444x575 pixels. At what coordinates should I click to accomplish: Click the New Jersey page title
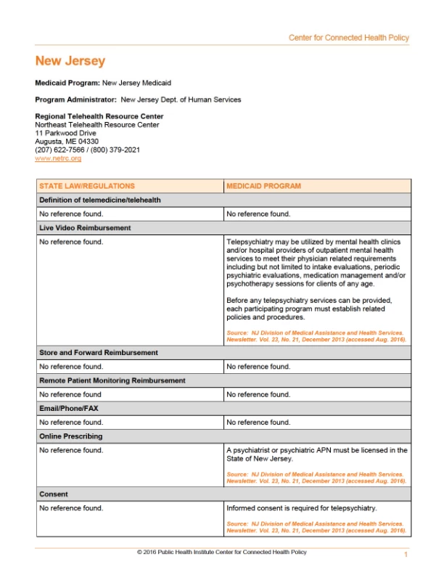[70, 62]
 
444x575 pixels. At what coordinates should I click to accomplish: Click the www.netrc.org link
[58, 158]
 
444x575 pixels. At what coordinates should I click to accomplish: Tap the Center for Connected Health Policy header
[349, 38]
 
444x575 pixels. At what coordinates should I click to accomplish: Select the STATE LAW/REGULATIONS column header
[87, 186]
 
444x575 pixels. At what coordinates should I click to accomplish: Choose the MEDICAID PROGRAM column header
[263, 186]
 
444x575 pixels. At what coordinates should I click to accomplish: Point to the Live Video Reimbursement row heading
[85, 228]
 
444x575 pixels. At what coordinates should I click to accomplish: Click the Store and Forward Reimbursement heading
[98, 353]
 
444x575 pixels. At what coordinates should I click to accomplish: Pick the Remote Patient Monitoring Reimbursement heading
[112, 380]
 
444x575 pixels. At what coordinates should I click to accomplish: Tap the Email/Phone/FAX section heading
[69, 409]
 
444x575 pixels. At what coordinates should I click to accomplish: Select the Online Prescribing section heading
[71, 436]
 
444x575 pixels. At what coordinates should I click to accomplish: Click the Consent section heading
[54, 494]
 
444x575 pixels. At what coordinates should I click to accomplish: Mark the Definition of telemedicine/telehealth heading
[100, 200]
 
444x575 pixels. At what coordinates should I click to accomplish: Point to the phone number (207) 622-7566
[62, 150]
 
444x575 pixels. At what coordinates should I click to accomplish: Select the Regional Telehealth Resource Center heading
[99, 116]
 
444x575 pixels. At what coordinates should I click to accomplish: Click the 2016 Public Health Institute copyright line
[222, 552]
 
